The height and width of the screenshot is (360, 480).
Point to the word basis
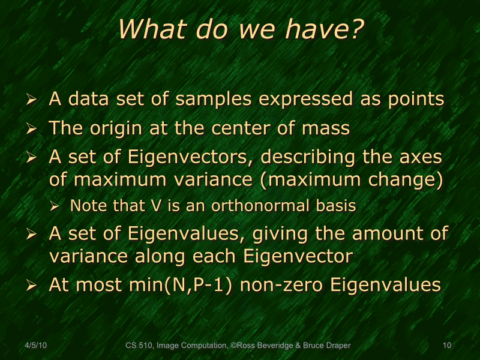click(334, 206)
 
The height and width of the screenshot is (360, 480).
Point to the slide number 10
click(446, 346)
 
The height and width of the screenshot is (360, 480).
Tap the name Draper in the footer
click(337, 346)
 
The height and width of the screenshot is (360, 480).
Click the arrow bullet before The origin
click(33, 130)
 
